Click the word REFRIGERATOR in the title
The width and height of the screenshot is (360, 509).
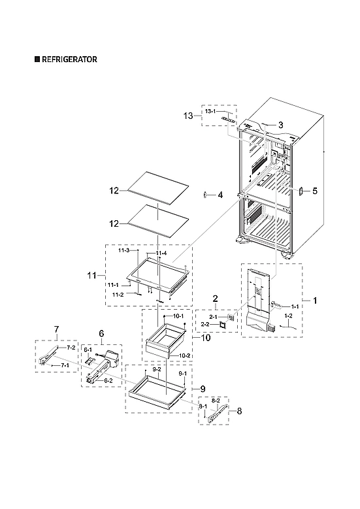point(70,59)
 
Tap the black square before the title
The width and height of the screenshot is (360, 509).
point(37,59)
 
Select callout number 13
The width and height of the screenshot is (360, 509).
point(188,116)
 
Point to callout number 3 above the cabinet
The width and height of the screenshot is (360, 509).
point(262,124)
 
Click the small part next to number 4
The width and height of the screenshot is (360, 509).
point(206,195)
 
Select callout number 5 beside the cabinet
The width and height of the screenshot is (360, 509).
point(314,191)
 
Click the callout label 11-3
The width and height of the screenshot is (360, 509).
point(123,250)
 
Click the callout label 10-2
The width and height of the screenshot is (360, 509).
point(184,355)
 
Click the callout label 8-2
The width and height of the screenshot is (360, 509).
point(217,398)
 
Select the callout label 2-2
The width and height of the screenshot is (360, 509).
point(205,323)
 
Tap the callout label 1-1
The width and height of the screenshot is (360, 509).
point(295,306)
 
